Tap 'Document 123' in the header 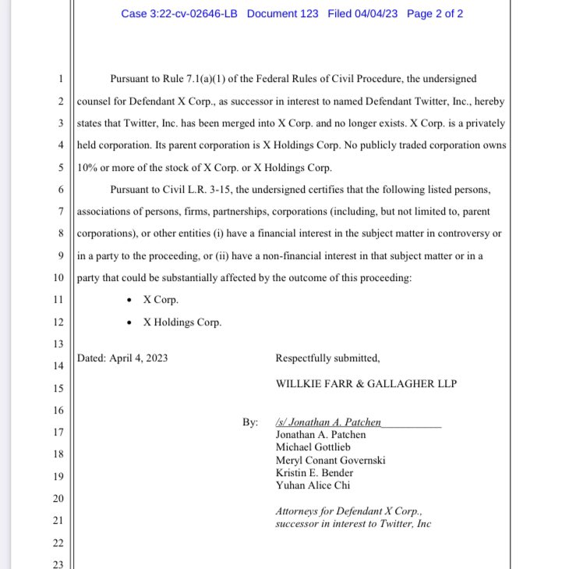282,14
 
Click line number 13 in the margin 57,344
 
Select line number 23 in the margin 57,564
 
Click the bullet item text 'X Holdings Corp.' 182,322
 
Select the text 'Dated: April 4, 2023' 123,358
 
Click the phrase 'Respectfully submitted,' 327,358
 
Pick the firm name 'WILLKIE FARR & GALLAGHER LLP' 366,384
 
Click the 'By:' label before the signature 249,422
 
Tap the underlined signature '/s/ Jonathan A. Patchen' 328,422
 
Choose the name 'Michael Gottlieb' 313,447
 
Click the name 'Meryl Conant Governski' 330,460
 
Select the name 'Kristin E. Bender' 314,472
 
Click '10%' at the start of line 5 90,167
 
